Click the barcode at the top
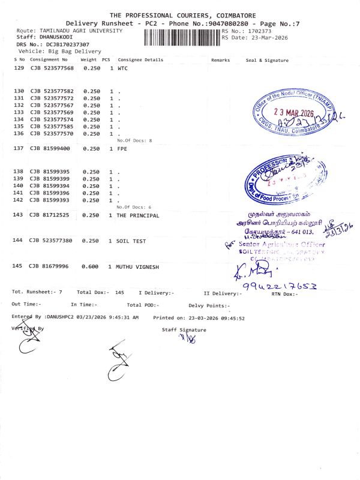182,37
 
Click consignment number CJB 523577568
52,68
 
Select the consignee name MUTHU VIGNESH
137,266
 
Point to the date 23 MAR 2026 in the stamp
294,113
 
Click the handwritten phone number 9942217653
278,286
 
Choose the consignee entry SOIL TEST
131,241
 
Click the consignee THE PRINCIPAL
137,215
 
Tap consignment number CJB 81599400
50,148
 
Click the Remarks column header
220,60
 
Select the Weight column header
89,60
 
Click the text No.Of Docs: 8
134,140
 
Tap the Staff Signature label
184,329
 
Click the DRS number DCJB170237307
68,44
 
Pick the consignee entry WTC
122,68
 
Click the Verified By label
27,328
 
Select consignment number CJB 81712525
50,215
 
